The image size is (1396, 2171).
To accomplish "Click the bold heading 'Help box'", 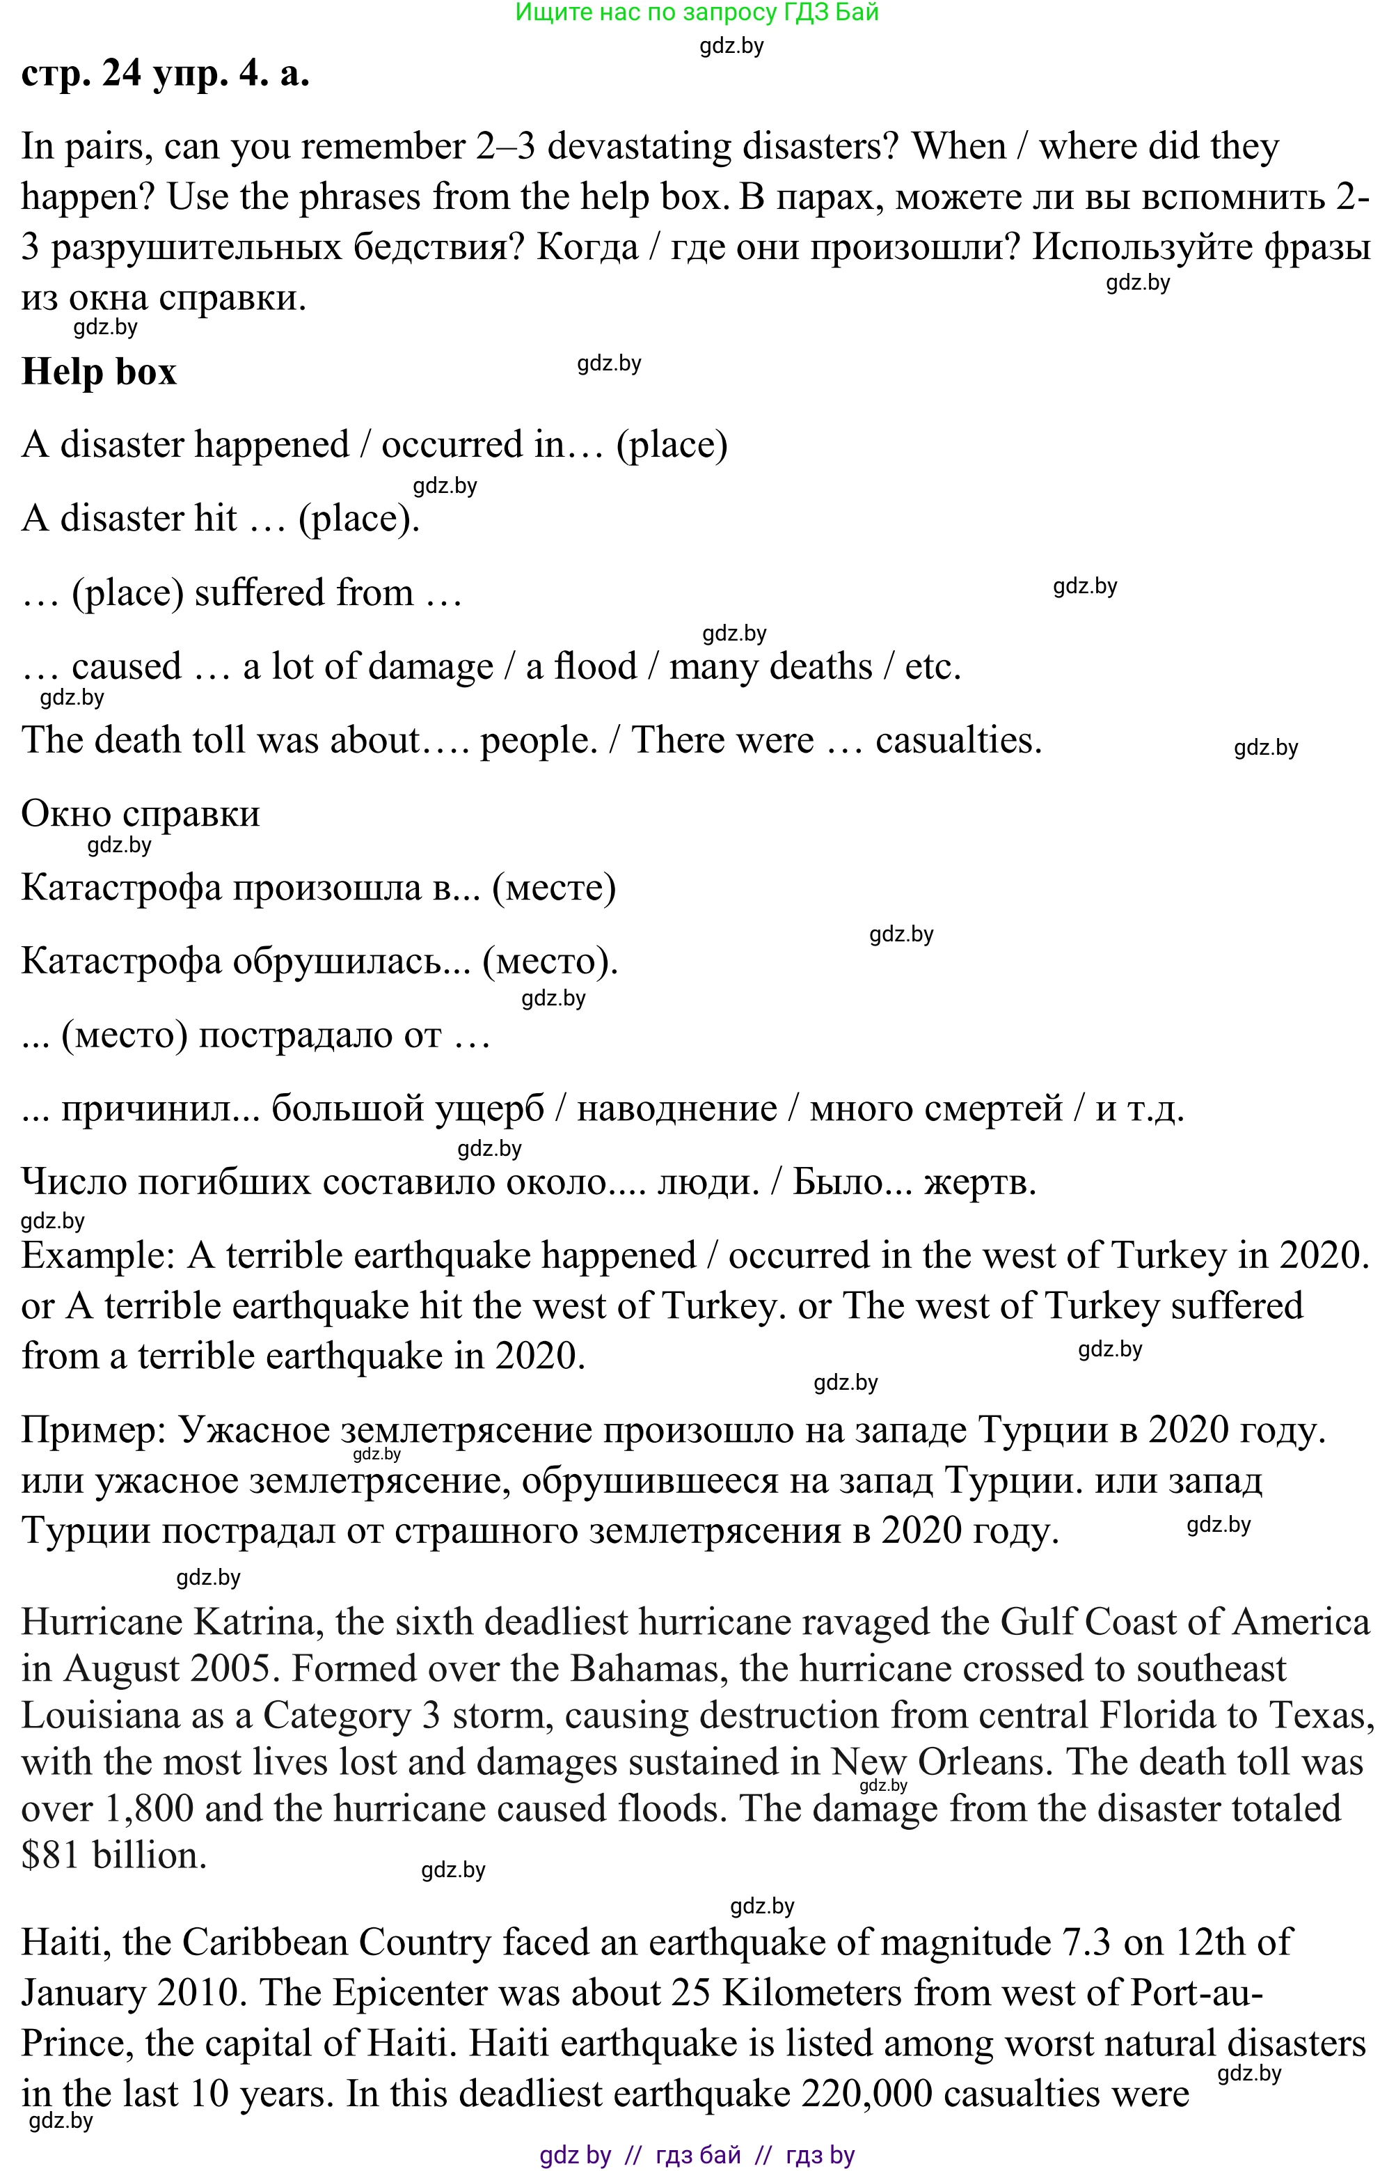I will (99, 371).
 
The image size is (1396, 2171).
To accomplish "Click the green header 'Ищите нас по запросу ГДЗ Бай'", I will (696, 13).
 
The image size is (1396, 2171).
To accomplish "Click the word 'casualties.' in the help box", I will (958, 740).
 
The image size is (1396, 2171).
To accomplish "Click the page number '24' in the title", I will (122, 73).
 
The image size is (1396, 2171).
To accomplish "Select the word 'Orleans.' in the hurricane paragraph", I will (985, 1762).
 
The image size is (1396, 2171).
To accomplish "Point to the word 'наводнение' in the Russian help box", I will (676, 1108).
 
